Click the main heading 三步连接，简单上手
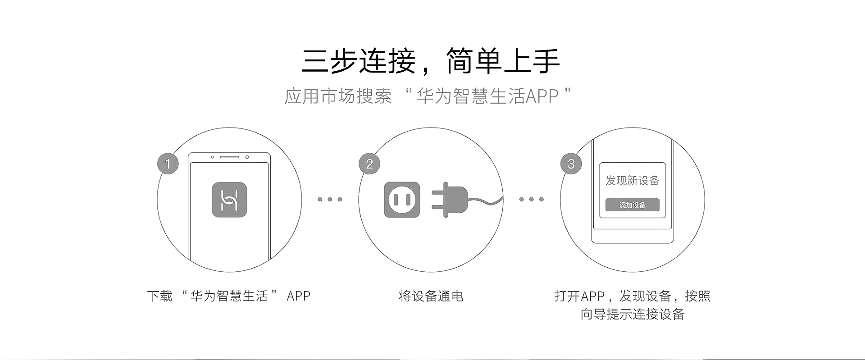(x=430, y=61)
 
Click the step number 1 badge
(x=168, y=164)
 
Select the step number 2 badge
(x=369, y=164)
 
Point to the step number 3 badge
(x=571, y=164)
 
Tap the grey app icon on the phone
(x=229, y=200)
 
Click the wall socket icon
(x=402, y=200)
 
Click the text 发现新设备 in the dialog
(x=632, y=181)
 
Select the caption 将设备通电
(x=431, y=296)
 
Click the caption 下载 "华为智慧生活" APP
(x=228, y=296)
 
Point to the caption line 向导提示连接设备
(x=632, y=314)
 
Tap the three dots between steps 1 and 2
(x=330, y=199)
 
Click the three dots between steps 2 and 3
(x=532, y=199)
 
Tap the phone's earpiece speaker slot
(x=229, y=157)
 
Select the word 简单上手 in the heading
(x=502, y=61)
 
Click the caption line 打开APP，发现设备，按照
(x=632, y=296)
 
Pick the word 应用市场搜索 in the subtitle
(x=338, y=96)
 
